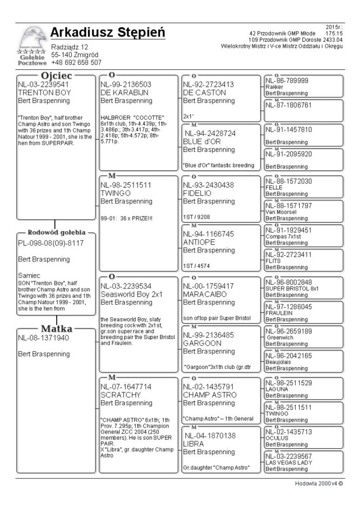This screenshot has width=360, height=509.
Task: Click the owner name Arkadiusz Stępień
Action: [108, 33]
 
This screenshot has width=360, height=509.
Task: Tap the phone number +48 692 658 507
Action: [76, 63]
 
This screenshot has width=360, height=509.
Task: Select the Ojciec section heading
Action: [57, 76]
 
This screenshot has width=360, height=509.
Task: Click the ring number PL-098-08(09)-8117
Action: [50, 243]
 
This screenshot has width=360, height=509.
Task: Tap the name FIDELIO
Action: [198, 193]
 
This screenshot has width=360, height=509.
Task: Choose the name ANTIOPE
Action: [199, 242]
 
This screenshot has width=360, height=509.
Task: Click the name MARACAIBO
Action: [205, 294]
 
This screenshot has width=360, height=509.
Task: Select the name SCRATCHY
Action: [121, 395]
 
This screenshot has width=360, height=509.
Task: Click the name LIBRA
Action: [193, 443]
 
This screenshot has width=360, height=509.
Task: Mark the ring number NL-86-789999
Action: [287, 81]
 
